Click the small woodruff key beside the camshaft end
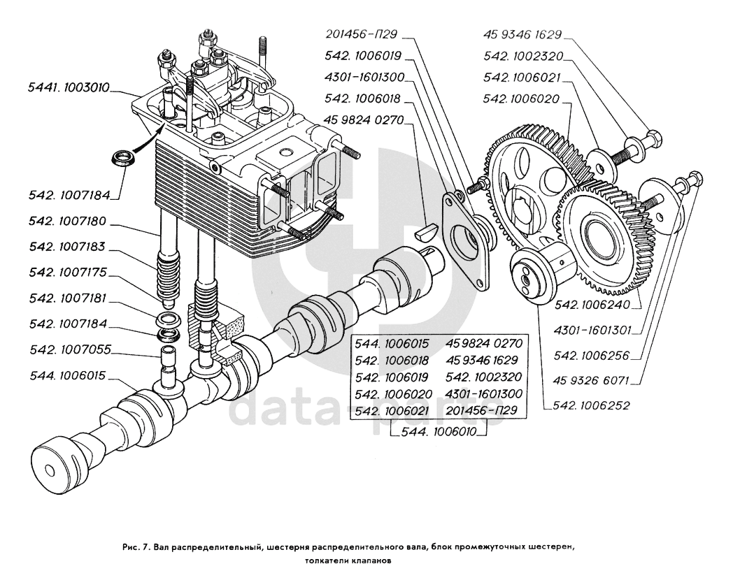(x=425, y=232)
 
